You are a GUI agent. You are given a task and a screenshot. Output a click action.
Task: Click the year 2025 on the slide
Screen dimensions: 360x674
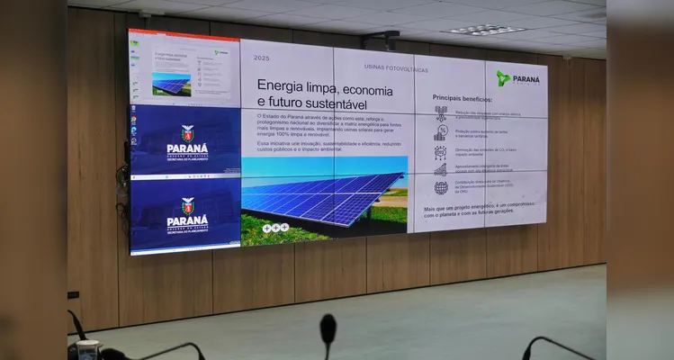coord(262,58)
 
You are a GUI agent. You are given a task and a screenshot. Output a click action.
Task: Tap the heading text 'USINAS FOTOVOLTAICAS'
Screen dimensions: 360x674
coord(396,67)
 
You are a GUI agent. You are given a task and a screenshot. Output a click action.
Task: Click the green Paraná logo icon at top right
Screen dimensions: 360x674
coord(503,78)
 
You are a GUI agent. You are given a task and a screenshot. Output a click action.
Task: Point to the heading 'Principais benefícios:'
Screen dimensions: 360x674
coord(463,97)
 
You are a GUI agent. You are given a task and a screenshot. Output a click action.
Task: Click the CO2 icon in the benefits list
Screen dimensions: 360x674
coord(441,151)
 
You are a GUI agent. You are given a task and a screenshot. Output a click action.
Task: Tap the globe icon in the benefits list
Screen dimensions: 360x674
coord(441,188)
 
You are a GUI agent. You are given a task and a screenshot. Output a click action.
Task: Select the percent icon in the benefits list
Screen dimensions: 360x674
coord(441,132)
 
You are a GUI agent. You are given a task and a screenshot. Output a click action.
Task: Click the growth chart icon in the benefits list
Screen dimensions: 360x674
coord(441,169)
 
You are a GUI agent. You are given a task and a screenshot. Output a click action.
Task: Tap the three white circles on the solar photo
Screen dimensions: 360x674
coord(275,228)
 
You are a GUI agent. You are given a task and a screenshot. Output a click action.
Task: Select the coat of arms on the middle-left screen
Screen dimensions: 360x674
coord(187,132)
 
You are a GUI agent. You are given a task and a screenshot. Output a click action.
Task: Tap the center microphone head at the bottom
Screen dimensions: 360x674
coord(328,327)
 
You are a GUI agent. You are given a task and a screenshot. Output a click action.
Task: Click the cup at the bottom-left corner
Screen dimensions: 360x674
coord(87,349)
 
